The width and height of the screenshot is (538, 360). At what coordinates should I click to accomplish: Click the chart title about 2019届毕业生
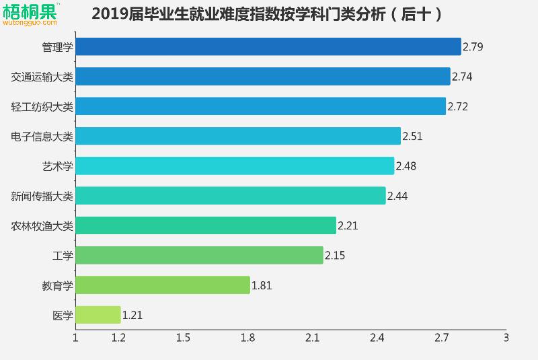coord(267,13)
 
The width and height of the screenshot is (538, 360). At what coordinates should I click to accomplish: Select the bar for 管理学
coord(268,46)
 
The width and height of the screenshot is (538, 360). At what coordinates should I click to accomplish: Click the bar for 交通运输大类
coord(262,76)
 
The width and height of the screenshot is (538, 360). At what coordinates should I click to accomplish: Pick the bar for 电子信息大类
coord(238,136)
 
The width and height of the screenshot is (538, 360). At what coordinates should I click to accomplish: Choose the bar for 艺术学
coord(235,166)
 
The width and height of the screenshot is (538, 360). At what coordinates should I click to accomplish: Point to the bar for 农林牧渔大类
coord(206,225)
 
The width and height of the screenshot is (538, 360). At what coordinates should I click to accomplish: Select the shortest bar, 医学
coord(98,315)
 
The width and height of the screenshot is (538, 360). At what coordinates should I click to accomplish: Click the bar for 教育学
coord(163,285)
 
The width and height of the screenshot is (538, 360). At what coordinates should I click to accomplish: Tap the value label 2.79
coord(473,47)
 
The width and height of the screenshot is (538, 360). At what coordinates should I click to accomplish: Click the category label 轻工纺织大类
coord(42,106)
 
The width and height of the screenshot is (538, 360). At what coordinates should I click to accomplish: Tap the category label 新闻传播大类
coord(42,196)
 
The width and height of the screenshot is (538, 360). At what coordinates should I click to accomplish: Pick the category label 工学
coord(63,256)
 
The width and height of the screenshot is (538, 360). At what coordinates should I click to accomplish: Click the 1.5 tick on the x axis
coord(183,338)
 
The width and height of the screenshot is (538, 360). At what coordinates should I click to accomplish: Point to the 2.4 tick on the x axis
coord(377,338)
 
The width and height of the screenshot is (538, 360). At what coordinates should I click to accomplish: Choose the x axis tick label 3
coord(506,338)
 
